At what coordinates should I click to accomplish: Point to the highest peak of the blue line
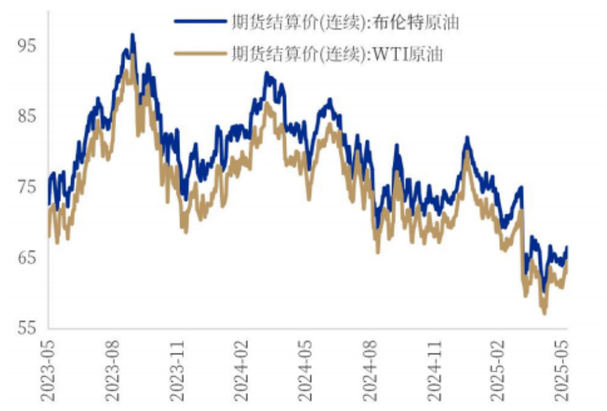click(132, 35)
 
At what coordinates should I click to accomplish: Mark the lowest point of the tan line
click(544, 313)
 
